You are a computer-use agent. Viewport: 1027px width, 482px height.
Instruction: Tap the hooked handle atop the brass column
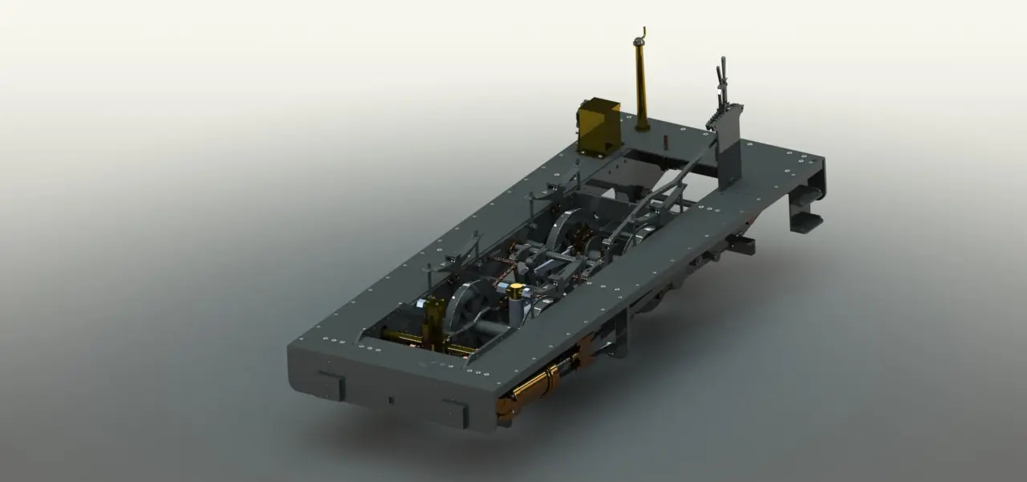pos(639,36)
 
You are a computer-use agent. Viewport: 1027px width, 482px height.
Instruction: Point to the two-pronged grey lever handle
pos(722,76)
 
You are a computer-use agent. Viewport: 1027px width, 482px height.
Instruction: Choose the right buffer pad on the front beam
pos(454,412)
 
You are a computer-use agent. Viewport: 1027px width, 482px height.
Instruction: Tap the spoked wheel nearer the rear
pos(572,233)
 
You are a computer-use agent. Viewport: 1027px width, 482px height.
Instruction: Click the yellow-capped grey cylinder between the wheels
pos(516,302)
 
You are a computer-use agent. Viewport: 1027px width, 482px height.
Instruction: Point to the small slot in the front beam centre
pos(391,399)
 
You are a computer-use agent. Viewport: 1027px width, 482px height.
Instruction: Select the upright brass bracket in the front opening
pos(434,321)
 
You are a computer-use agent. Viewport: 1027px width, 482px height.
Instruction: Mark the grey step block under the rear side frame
pos(742,245)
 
